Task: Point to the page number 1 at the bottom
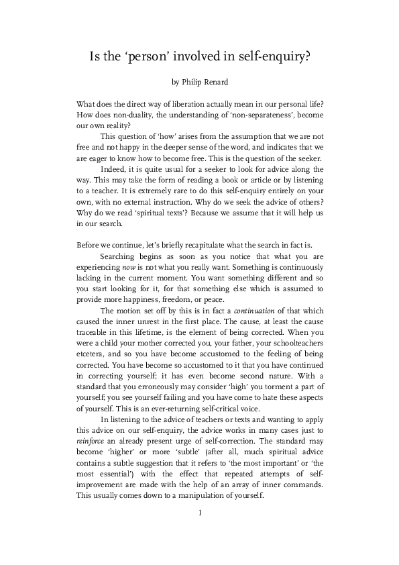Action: [199, 513]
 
